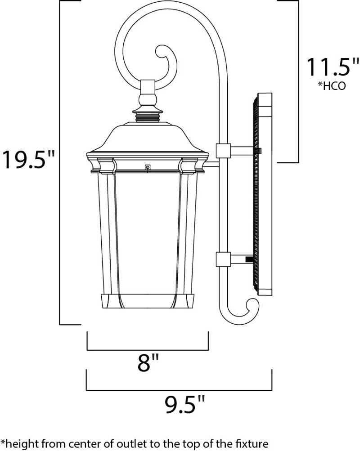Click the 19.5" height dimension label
28,160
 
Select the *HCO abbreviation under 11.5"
332,86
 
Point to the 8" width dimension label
148,362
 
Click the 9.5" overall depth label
185,404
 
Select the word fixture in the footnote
251,442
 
